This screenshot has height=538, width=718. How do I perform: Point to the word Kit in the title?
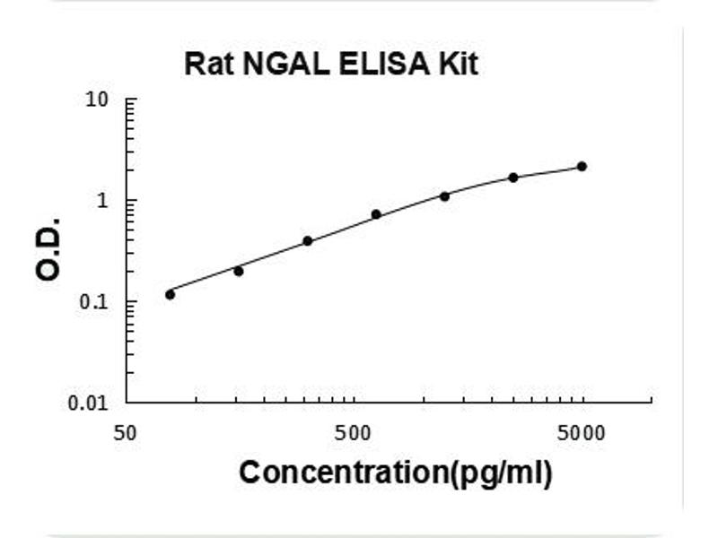458,65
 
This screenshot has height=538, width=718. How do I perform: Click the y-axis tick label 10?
97,100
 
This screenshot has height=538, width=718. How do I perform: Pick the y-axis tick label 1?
103,201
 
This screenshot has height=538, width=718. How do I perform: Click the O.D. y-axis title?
50,248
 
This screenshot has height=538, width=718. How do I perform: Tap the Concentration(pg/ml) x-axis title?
395,472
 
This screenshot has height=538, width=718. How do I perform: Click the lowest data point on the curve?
170,294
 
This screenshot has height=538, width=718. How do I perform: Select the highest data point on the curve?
582,166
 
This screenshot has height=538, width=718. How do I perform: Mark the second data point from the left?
238,271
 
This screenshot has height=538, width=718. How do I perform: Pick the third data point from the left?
307,240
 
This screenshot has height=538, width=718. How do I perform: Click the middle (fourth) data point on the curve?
376,214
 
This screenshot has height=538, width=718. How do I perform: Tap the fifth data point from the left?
444,195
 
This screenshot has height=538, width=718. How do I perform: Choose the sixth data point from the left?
513,178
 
